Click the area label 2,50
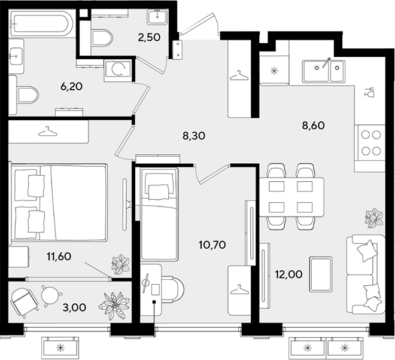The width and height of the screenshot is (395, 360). [149, 38]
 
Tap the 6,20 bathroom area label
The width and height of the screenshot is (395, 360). [72, 87]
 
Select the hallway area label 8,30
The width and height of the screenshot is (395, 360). [194, 136]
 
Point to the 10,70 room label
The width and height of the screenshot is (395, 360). [212, 245]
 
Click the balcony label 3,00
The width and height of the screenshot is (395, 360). [74, 307]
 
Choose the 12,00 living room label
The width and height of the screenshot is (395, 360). [288, 274]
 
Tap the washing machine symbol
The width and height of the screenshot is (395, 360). [118, 70]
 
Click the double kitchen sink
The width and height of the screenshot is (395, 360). [324, 71]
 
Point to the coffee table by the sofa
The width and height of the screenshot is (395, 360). [320, 274]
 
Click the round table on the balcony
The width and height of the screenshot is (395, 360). [51, 295]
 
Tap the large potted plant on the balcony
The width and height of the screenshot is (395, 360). [114, 306]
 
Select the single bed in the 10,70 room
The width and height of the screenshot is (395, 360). [159, 214]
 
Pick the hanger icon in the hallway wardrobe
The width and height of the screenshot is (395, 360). [239, 75]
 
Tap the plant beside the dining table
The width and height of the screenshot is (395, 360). [374, 218]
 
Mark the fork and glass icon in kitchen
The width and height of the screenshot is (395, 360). [369, 92]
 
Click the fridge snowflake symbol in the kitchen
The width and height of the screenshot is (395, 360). [274, 71]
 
